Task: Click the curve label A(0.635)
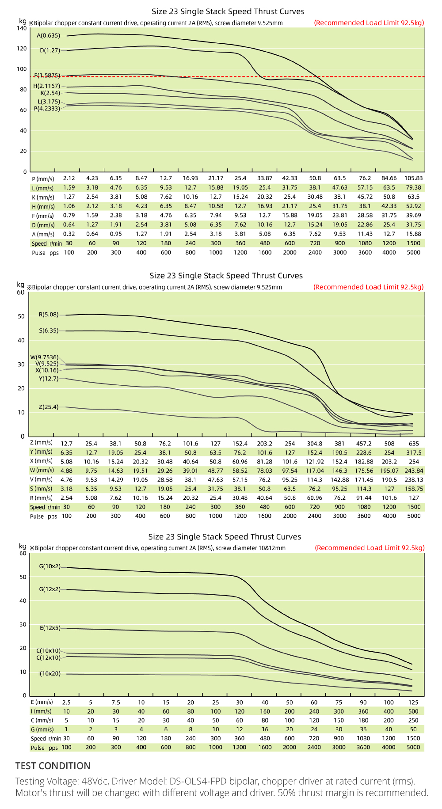click(x=48, y=36)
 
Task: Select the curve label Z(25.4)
click(x=49, y=407)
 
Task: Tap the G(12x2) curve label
click(x=50, y=589)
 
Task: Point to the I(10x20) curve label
click(x=50, y=673)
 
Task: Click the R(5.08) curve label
click(x=49, y=315)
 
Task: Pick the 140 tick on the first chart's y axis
click(x=22, y=28)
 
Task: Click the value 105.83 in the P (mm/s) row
click(x=414, y=178)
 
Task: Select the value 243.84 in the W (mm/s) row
click(x=414, y=471)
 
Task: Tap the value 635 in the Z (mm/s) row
click(x=414, y=443)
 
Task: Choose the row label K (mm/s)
click(x=43, y=197)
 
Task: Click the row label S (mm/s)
click(x=41, y=489)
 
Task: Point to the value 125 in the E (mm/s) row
click(x=413, y=702)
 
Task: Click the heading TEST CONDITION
click(x=53, y=766)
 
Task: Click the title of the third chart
click(x=225, y=536)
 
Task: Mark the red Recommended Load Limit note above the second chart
click(x=369, y=287)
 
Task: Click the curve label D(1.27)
click(x=50, y=50)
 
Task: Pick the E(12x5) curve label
click(x=50, y=628)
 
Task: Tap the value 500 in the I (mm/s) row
click(x=413, y=711)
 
